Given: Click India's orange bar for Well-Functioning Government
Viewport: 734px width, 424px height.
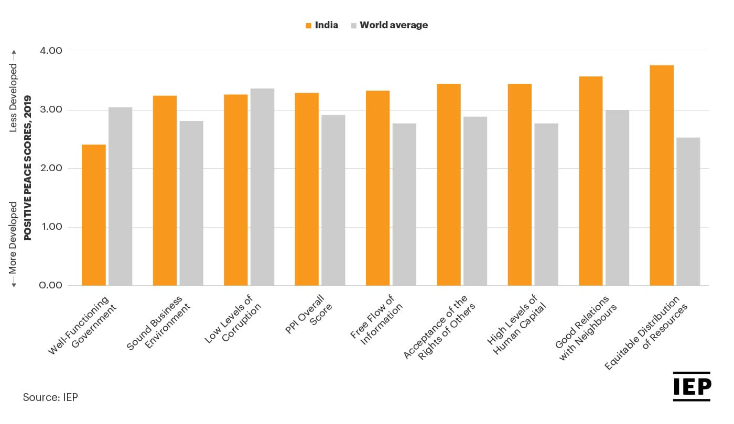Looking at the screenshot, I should (x=94, y=215).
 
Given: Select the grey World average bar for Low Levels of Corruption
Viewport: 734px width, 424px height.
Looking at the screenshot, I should (x=262, y=187).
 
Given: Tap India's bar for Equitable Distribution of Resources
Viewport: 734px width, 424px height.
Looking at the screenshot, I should (x=661, y=175).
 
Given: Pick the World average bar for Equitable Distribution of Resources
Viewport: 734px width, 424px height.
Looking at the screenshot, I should (x=688, y=211).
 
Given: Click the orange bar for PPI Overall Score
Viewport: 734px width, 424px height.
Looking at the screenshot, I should (x=307, y=189).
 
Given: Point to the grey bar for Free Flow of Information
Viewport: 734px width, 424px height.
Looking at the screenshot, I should (x=404, y=204).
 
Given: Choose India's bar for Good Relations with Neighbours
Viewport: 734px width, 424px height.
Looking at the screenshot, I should (x=590, y=181).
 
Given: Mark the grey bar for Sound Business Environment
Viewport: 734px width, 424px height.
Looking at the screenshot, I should (x=191, y=203).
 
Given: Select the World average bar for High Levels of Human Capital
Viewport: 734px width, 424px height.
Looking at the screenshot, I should (x=546, y=204).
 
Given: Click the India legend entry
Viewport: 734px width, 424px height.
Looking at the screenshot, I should (x=321, y=25).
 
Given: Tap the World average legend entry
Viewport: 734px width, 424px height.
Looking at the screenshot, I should (x=389, y=25).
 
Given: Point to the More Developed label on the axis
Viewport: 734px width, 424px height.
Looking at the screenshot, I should (x=14, y=238).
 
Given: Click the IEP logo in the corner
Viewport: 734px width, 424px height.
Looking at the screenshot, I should (x=692, y=387).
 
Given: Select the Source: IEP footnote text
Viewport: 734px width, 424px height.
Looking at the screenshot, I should (x=50, y=397).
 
